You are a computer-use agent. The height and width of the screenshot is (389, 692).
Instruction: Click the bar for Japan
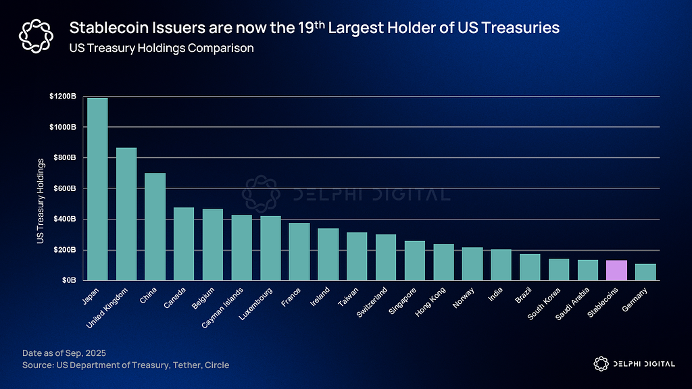pos(97,189)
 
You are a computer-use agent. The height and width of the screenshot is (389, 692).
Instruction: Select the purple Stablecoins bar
pos(616,270)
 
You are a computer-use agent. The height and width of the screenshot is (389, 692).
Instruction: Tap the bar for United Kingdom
pos(126,213)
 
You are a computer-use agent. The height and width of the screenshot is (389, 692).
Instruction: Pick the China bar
pos(155,226)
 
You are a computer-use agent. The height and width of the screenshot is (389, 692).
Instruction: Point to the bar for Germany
pos(645,272)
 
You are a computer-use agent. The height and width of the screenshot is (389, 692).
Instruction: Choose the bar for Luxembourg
pos(270,248)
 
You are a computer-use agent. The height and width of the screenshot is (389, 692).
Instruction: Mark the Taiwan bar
pos(357,256)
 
